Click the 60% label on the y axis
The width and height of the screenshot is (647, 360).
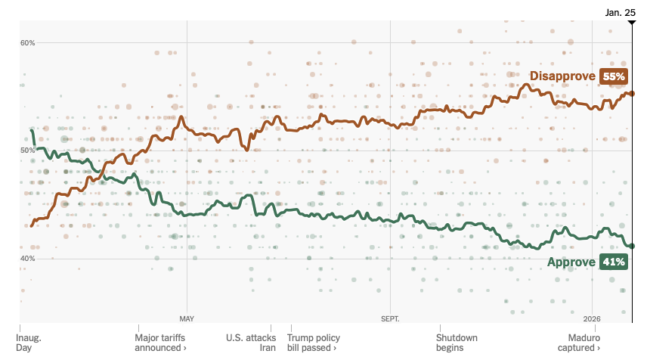click(x=28, y=42)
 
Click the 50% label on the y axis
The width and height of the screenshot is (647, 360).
click(x=28, y=151)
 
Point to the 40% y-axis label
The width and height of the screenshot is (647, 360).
click(x=28, y=259)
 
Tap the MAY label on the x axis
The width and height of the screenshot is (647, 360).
click(x=187, y=318)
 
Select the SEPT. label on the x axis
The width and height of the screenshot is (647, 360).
click(x=390, y=318)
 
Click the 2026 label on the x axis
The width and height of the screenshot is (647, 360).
click(x=592, y=318)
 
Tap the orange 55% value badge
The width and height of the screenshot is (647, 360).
click(x=613, y=76)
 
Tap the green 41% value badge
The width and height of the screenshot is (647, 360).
click(x=613, y=262)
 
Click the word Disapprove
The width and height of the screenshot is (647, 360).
click(x=562, y=76)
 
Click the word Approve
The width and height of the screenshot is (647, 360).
click(x=571, y=262)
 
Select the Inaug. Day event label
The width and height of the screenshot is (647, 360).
click(x=30, y=343)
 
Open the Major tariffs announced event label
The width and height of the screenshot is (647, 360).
click(x=160, y=343)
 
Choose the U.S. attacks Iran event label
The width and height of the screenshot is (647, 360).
click(x=251, y=343)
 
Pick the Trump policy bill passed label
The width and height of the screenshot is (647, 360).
click(x=314, y=343)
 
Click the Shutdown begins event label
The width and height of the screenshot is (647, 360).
click(x=457, y=343)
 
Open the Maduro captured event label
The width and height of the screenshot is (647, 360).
click(x=578, y=343)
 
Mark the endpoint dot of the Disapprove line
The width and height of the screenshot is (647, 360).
click(x=632, y=94)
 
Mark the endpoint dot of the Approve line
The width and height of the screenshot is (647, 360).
click(x=632, y=246)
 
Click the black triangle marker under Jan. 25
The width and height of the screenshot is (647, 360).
click(x=632, y=24)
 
